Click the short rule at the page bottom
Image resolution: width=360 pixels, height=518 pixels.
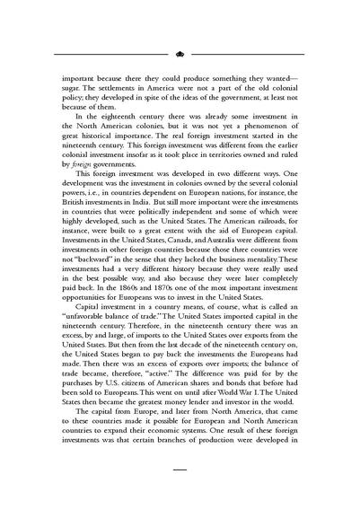click(x=180, y=494)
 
